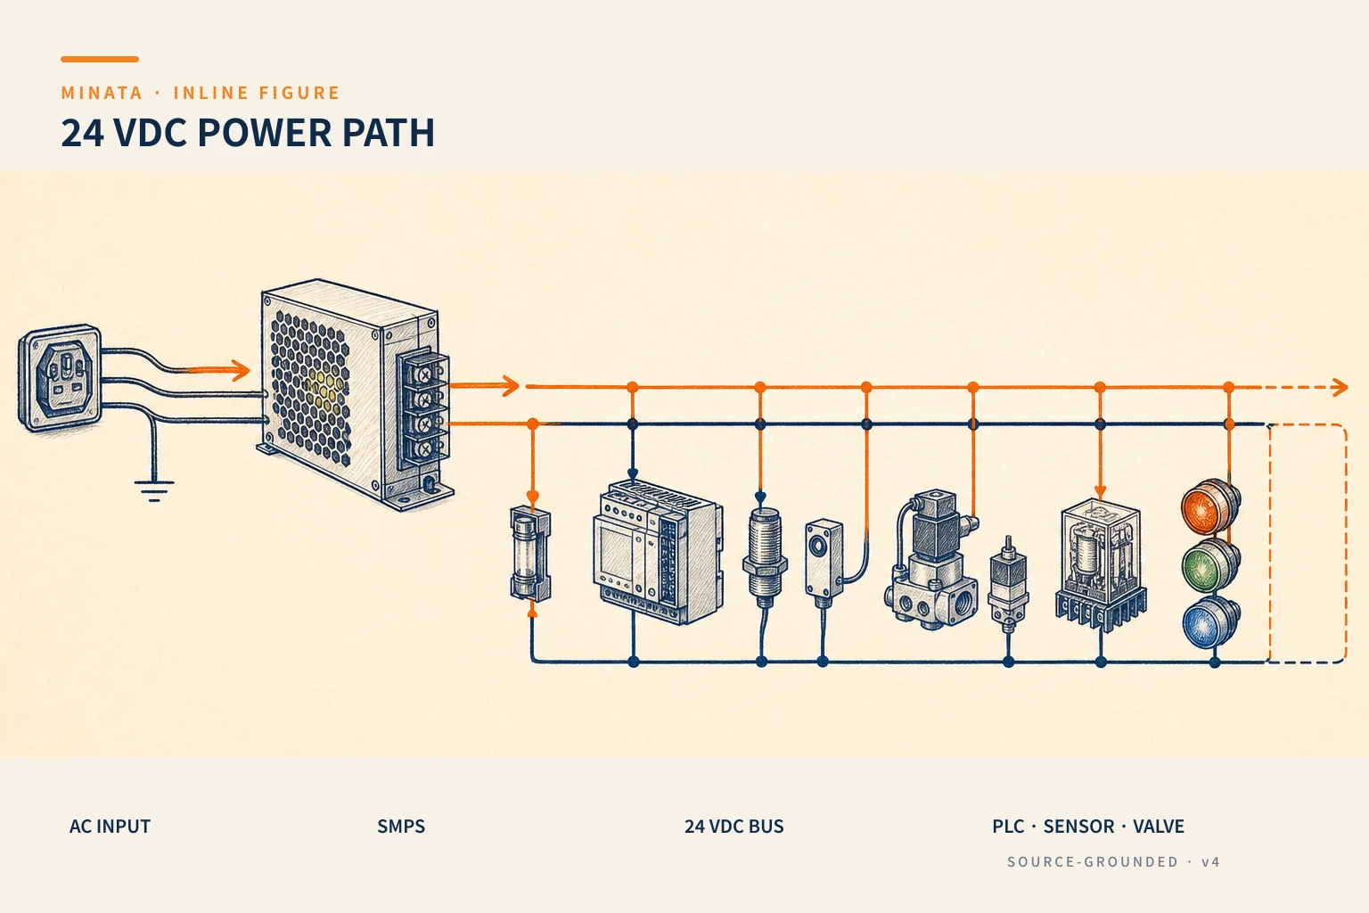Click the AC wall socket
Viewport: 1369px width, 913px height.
click(x=60, y=378)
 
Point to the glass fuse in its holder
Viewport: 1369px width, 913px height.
click(x=530, y=554)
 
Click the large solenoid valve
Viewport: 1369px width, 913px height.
click(x=931, y=560)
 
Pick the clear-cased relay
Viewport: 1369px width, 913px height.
click(x=1101, y=563)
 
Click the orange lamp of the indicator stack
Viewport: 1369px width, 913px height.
click(x=1209, y=507)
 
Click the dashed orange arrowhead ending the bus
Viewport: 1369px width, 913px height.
click(x=1340, y=387)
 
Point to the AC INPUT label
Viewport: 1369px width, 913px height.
click(x=110, y=827)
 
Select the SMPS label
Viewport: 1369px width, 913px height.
click(x=401, y=827)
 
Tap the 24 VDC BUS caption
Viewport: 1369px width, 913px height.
click(x=734, y=827)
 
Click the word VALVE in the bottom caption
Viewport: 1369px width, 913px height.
click(x=1159, y=827)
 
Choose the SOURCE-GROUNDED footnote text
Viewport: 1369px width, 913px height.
click(x=1093, y=861)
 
